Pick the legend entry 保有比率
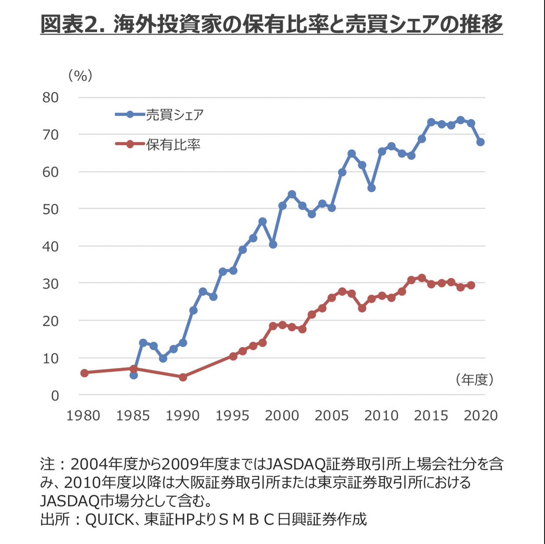pos(173,145)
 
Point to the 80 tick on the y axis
pos(50,98)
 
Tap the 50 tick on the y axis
pos(50,209)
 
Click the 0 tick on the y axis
pos(54,396)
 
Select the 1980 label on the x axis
pos(83,416)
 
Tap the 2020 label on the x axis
pos(481,416)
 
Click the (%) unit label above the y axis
pos(80,75)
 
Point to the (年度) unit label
pos(474,380)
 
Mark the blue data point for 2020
pos(481,142)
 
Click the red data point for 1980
pos(84,373)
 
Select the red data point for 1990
pos(183,377)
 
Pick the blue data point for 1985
pos(134,375)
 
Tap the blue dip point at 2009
pos(372,188)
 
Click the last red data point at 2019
pos(471,285)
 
